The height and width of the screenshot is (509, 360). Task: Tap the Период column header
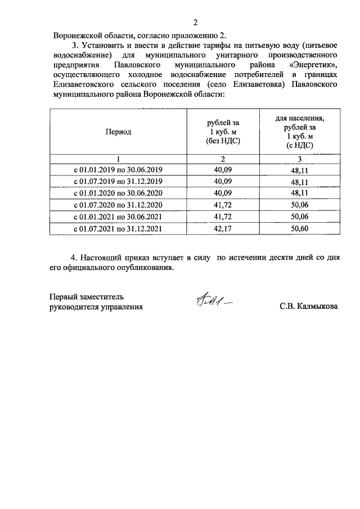pyautogui.click(x=118, y=132)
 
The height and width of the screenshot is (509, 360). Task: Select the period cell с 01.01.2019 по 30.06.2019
pyautogui.click(x=118, y=169)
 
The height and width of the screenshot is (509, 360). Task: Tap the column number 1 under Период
pyautogui.click(x=118, y=158)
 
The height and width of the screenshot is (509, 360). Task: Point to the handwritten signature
pyautogui.click(x=214, y=304)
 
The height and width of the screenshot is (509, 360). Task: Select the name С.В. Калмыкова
pyautogui.click(x=308, y=307)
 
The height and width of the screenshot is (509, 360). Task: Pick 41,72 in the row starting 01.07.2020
pyautogui.click(x=223, y=204)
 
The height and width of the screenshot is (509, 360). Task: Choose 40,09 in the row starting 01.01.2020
pyautogui.click(x=223, y=192)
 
